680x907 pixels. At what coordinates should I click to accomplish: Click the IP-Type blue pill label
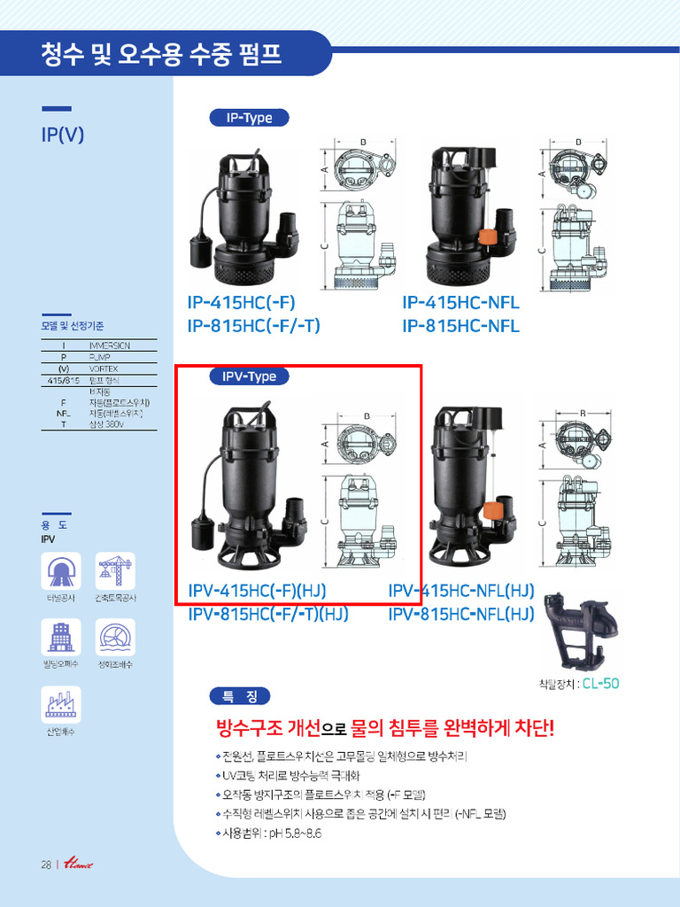pyautogui.click(x=249, y=118)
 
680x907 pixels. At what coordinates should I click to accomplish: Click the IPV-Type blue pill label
pyautogui.click(x=249, y=376)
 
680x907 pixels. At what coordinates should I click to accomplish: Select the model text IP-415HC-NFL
pyautogui.click(x=460, y=303)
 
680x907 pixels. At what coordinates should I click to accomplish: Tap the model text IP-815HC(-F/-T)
pyautogui.click(x=253, y=326)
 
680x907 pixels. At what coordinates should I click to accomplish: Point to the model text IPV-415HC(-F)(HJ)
pyautogui.click(x=258, y=591)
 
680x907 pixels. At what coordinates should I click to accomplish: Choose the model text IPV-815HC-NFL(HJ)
pyautogui.click(x=461, y=614)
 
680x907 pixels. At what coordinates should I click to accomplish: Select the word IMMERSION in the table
pyautogui.click(x=110, y=345)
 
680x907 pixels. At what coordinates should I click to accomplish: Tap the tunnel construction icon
pyautogui.click(x=60, y=571)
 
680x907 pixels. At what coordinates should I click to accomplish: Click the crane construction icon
pyautogui.click(x=115, y=571)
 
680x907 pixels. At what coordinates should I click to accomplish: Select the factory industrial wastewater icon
pyautogui.click(x=60, y=705)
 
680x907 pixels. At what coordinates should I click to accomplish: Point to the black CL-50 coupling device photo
pyautogui.click(x=581, y=634)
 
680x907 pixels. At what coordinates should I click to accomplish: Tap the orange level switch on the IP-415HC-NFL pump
pyautogui.click(x=487, y=237)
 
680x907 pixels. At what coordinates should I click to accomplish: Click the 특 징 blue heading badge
pyautogui.click(x=239, y=696)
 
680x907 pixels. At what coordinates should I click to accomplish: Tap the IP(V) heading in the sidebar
pyautogui.click(x=63, y=136)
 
